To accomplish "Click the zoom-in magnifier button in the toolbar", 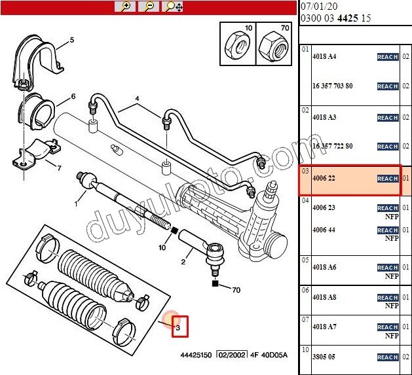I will click(124, 7).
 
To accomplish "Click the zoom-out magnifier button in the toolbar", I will click(149, 7).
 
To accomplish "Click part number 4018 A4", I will click(324, 57).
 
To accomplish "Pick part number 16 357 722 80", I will click(332, 147).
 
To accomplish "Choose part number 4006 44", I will click(324, 230).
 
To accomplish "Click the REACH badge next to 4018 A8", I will click(388, 298).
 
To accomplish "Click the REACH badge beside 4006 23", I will click(388, 208).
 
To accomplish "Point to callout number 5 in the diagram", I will click(72, 40).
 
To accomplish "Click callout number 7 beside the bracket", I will click(59, 168).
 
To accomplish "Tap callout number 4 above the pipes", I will click(138, 100).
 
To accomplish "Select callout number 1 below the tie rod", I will click(76, 204).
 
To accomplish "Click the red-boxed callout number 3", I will click(179, 326).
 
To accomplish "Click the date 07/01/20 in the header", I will click(318, 7).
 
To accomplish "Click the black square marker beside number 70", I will click(215, 284).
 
